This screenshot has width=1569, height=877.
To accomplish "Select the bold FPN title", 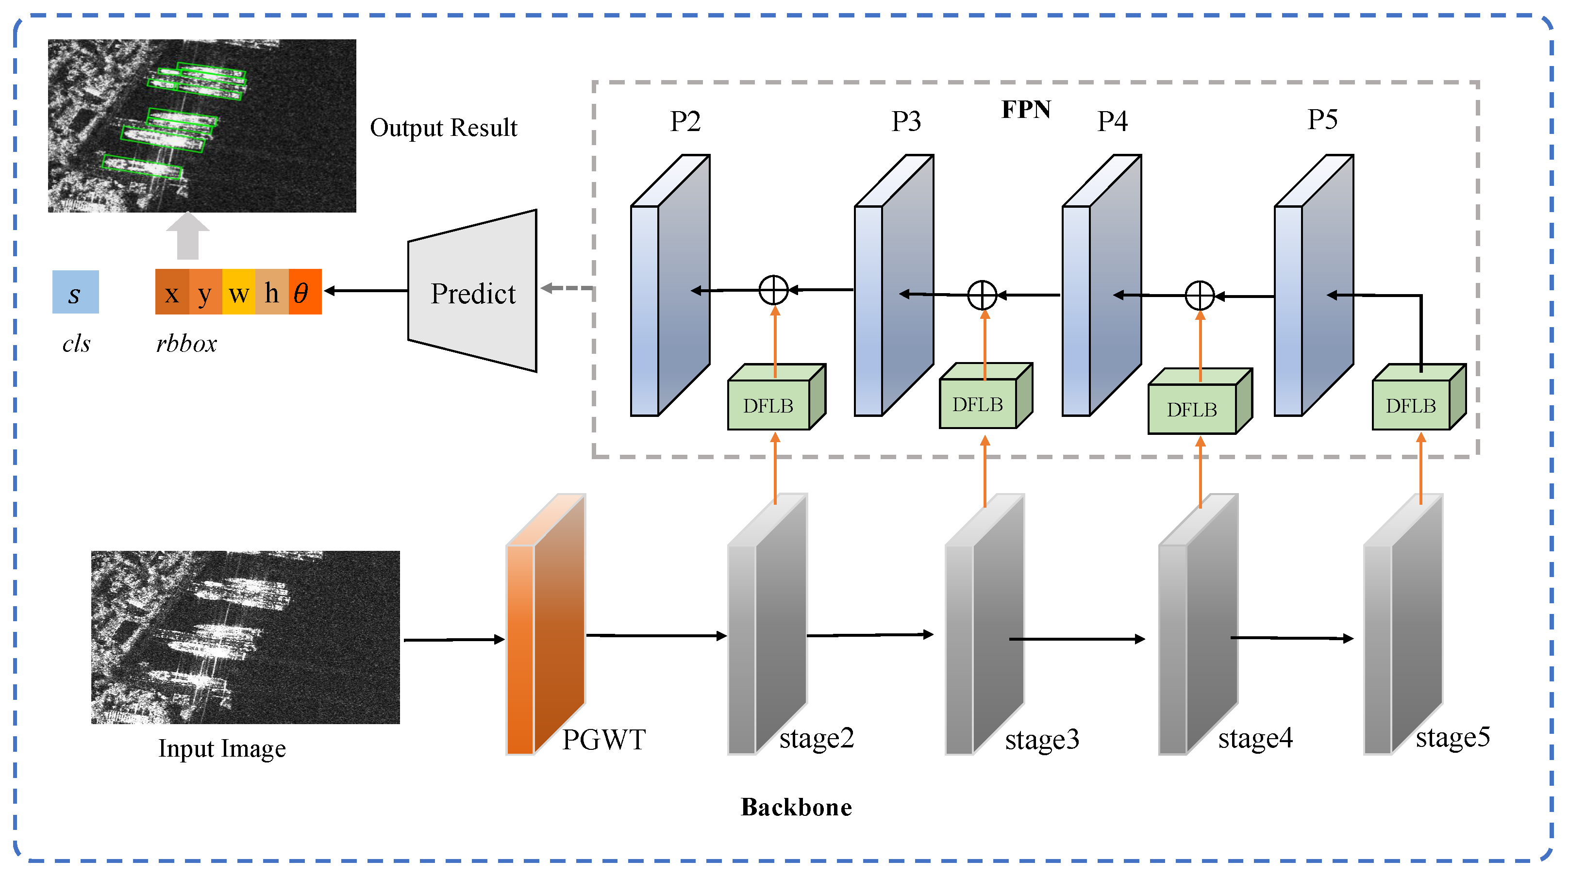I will pyautogui.click(x=1026, y=110).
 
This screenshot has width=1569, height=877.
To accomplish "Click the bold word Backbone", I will pyautogui.click(x=796, y=808).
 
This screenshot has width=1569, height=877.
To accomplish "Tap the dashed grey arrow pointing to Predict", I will pyautogui.click(x=567, y=288).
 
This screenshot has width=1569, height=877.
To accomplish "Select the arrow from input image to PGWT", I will pyautogui.click(x=454, y=640).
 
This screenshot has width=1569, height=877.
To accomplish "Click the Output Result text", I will pyautogui.click(x=443, y=128).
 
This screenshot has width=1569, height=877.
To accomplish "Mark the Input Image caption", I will pyautogui.click(x=222, y=748).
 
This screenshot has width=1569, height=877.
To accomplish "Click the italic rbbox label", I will pyautogui.click(x=186, y=344).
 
